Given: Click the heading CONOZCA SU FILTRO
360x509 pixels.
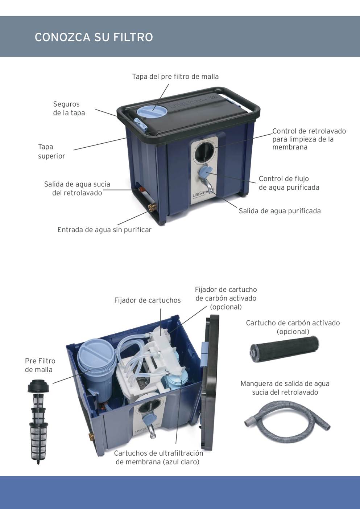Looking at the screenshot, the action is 94,37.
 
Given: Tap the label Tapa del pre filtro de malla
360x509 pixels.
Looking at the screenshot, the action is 175,77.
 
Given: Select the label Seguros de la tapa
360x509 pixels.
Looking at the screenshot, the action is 69,108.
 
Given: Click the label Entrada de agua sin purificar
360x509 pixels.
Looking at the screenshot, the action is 104,230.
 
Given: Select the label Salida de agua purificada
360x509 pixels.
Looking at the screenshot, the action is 280,211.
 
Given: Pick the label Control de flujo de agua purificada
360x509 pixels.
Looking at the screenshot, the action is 289,183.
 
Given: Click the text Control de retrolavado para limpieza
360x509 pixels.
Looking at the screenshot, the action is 309,135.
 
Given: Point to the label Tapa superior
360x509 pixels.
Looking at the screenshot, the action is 51,151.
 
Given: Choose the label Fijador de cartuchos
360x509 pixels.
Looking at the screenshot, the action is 148,300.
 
